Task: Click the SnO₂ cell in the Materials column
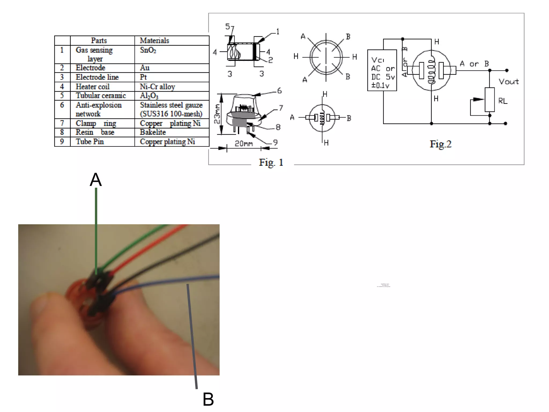coord(148,50)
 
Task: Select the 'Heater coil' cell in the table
coord(92,87)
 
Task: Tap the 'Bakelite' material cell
coord(153,132)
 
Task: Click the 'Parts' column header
coord(99,41)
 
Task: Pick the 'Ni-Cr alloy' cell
coord(157,87)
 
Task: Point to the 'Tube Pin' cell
coord(90,142)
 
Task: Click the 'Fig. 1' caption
coord(271,162)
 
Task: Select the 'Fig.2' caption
coord(440,144)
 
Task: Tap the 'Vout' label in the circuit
coord(509,82)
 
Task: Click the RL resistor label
coord(503,101)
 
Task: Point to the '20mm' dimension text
coord(244,144)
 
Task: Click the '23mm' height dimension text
coord(217,114)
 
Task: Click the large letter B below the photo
coord(208,399)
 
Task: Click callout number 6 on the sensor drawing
coord(279,91)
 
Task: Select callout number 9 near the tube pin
coord(275,142)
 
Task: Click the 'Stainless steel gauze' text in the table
coord(171,105)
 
